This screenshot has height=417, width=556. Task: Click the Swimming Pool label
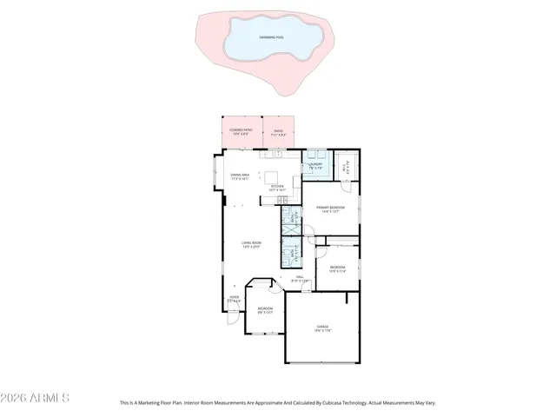[274, 37]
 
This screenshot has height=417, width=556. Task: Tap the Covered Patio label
[240, 130]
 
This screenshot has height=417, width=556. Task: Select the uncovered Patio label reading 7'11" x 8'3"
[277, 134]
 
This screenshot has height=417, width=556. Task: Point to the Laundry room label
[315, 164]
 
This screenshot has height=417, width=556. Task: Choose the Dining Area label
[240, 176]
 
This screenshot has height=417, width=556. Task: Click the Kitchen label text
[277, 186]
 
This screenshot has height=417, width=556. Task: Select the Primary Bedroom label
[330, 207]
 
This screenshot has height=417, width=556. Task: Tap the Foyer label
[234, 298]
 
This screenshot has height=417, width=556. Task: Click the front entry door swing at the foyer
[232, 316]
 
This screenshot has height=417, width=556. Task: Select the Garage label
[321, 327]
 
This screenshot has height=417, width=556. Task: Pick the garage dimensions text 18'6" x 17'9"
[321, 331]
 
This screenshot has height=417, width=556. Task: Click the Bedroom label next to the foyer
[265, 308]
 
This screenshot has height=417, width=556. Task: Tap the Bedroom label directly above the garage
[337, 267]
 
